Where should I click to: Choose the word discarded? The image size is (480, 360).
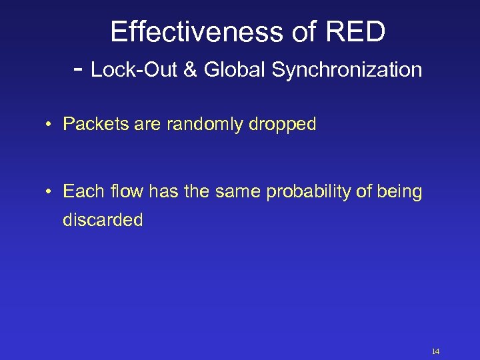(103, 220)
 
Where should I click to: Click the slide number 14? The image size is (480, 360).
(436, 351)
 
